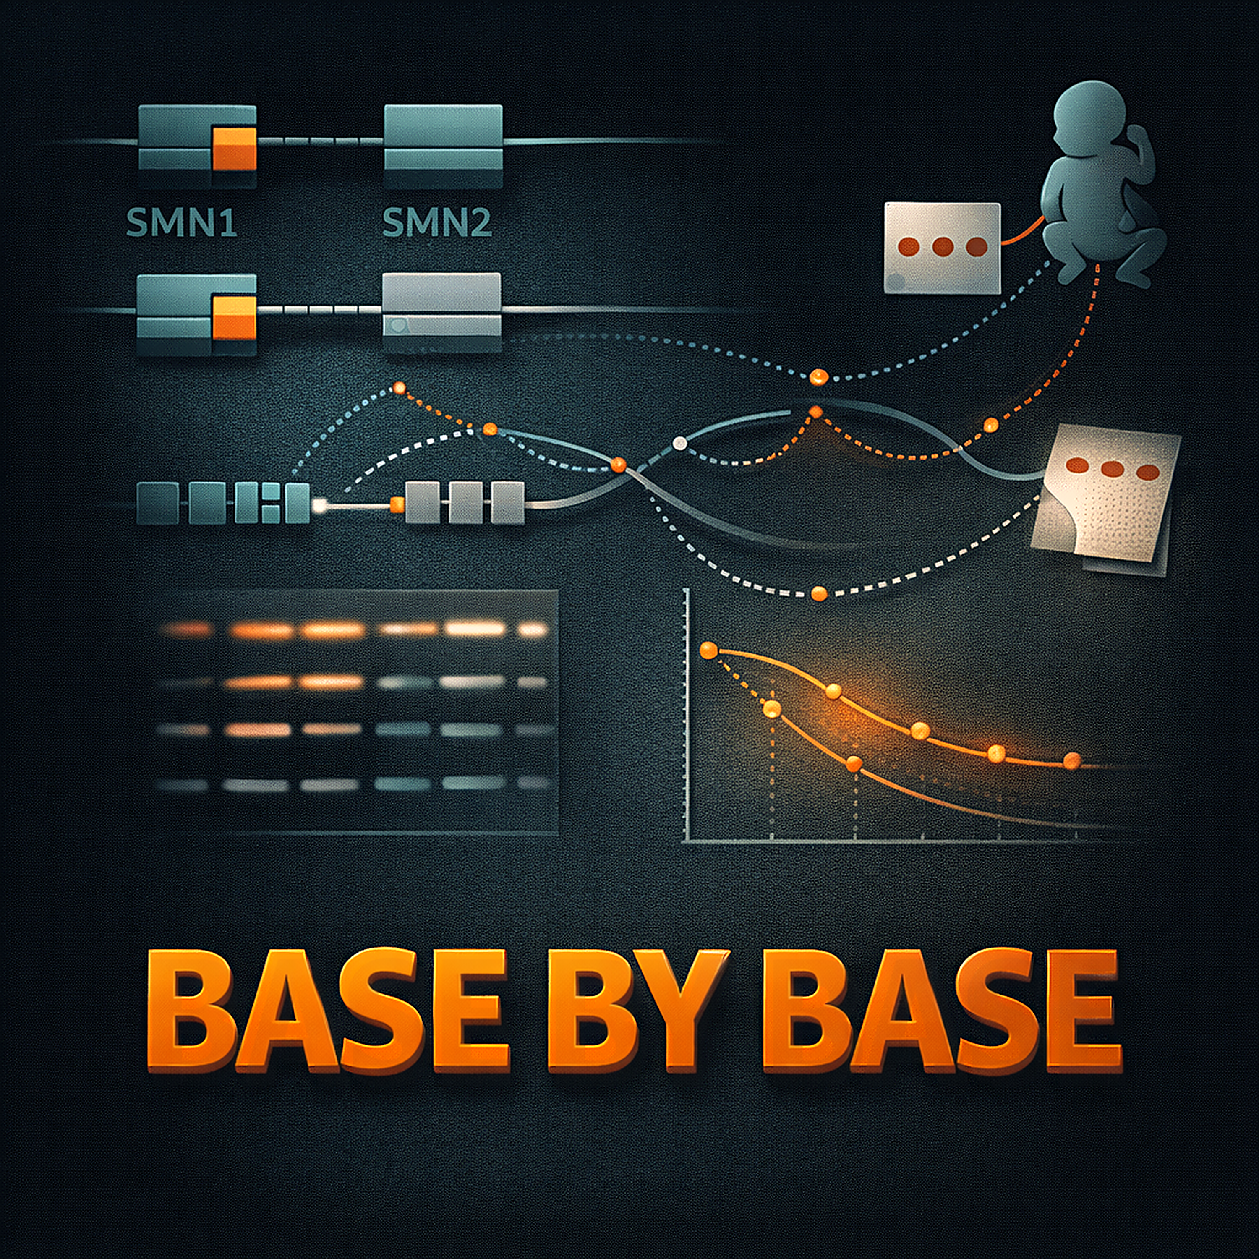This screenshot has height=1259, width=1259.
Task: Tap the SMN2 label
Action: tap(436, 222)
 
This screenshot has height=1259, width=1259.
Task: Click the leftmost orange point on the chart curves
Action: tap(708, 650)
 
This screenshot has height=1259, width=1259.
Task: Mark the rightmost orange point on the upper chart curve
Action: tap(1072, 760)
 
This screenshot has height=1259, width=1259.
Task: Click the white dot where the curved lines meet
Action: tap(680, 443)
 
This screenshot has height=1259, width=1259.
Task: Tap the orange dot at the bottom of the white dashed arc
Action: tap(819, 593)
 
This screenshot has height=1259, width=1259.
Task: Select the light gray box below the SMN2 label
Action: tap(442, 312)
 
